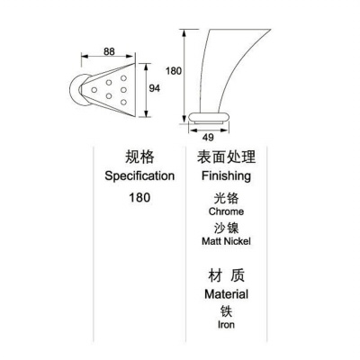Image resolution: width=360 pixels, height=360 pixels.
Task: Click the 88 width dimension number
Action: pos(109,51)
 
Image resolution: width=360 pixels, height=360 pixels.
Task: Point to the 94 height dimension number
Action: pos(155,88)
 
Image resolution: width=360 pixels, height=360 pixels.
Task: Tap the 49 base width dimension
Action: pos(208,138)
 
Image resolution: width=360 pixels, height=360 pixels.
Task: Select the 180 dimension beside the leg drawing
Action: pos(174,71)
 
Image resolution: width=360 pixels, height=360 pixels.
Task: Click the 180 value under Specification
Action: pos(139,198)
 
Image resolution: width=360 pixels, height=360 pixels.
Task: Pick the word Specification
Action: pos(139,176)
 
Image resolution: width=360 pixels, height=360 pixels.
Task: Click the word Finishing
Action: pos(226,176)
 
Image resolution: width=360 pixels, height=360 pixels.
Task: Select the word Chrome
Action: pos(226,211)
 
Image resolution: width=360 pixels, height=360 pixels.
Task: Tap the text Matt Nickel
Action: pos(226,241)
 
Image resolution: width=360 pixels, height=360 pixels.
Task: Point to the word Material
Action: pos(226,294)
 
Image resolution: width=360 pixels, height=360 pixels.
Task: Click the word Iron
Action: pos(226,324)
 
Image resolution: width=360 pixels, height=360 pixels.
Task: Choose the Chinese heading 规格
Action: pos(139,157)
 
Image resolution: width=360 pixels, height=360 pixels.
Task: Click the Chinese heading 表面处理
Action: pos(226,157)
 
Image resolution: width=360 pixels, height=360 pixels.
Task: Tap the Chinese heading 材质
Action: pos(226,275)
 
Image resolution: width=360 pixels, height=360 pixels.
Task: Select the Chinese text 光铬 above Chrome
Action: pos(226,199)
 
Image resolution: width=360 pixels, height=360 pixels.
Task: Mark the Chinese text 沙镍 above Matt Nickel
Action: pos(226,228)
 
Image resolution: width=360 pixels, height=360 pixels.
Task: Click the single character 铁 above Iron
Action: pos(226,311)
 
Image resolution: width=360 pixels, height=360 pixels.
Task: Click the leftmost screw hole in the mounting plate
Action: pos(94,90)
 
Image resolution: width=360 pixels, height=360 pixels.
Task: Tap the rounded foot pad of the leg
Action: pos(209,117)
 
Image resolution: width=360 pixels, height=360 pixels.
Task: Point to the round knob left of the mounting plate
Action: pos(74,90)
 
